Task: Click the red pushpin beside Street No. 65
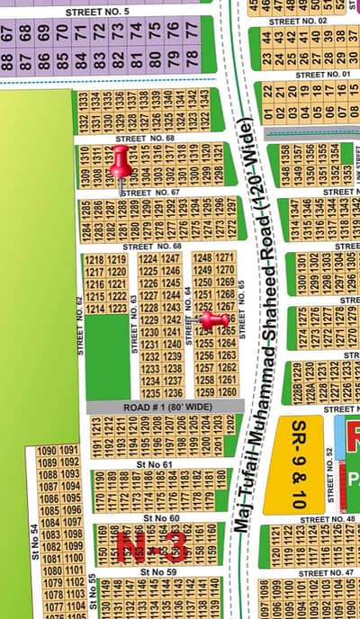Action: click(213, 319)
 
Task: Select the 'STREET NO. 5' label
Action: click(97, 11)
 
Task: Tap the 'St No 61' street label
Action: click(154, 464)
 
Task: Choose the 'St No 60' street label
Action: click(161, 518)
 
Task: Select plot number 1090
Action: click(46, 451)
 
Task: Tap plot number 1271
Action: click(226, 258)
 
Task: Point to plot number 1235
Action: click(149, 393)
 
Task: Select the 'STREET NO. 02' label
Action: click(297, 20)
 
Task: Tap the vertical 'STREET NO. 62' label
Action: click(79, 324)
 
